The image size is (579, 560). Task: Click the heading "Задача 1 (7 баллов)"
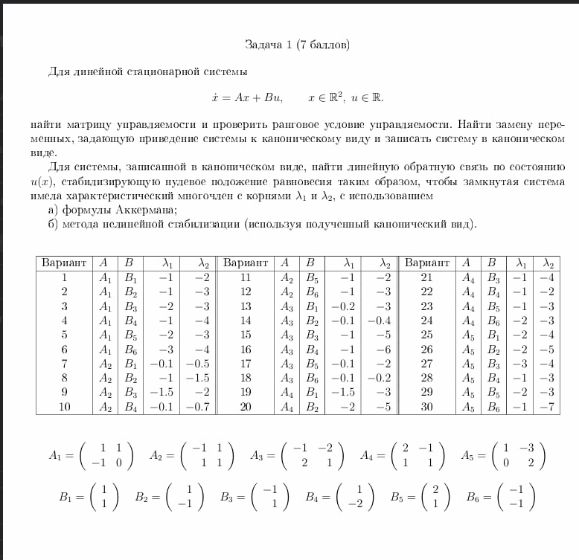[297, 45]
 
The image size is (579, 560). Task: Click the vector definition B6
[500, 497]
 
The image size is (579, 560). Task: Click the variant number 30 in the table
[426, 407]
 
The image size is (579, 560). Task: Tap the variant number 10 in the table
[64, 407]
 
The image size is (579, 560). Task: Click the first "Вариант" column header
[64, 263]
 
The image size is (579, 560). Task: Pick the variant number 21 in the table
[426, 277]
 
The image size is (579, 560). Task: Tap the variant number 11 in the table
[246, 277]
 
